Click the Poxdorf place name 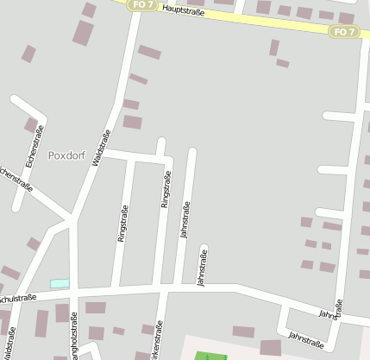coord(68,156)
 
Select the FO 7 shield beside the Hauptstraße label coord(142,4)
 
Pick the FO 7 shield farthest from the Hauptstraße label coord(343,32)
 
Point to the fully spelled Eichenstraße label coord(34,145)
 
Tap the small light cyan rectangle coord(60,283)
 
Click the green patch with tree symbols coord(210,356)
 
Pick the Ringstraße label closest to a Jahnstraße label coord(165,191)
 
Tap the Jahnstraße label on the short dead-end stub coord(203,267)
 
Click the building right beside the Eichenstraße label coord(31,126)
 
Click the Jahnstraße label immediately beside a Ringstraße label coord(185,219)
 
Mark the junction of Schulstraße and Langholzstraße coord(73,294)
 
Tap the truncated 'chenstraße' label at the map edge coord(15,178)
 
